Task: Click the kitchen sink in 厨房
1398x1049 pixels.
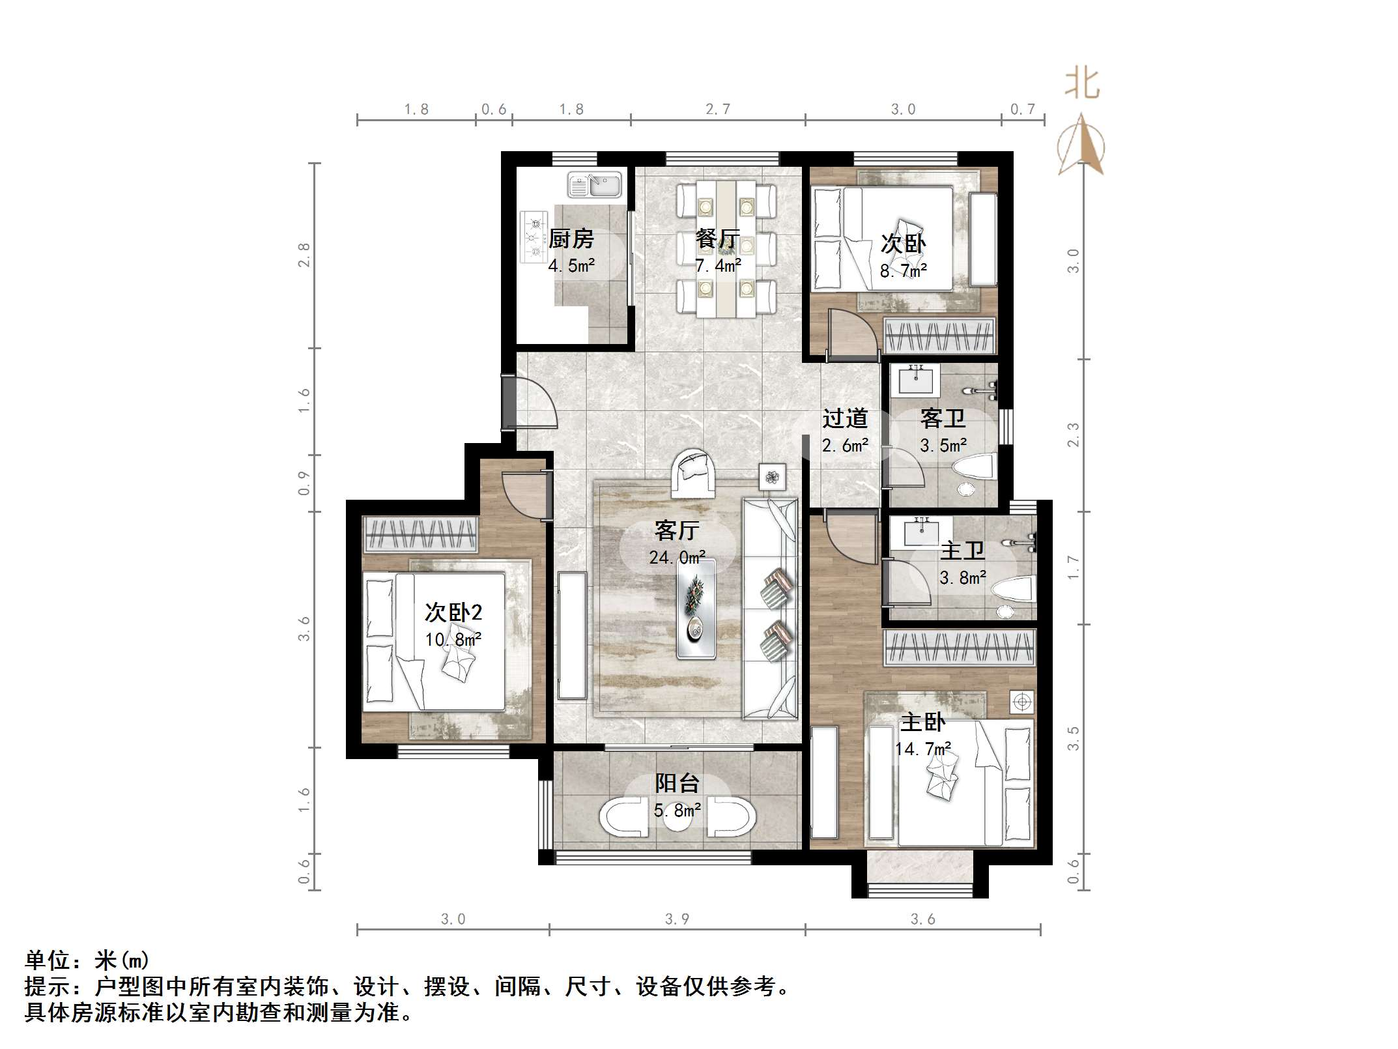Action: point(594,184)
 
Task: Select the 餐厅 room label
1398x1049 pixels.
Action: point(717,238)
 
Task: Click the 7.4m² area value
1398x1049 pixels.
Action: point(717,266)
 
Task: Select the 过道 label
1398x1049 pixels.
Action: point(845,418)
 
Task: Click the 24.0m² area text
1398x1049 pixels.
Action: point(678,558)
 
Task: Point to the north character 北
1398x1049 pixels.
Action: point(1082,85)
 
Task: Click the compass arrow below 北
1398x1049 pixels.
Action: point(1081,147)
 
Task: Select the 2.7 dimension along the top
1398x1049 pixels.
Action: point(718,109)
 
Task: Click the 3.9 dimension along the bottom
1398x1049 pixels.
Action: point(677,919)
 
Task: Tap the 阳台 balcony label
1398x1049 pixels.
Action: point(678,783)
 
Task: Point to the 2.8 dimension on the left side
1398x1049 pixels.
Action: point(304,255)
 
